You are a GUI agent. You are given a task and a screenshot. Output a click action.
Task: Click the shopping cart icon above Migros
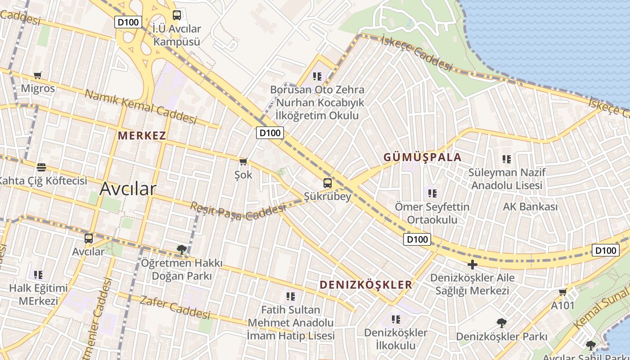click(x=38, y=76)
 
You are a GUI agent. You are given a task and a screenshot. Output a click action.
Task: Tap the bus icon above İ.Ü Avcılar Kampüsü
click(x=177, y=15)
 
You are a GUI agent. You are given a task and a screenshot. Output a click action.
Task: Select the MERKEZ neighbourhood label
click(x=142, y=135)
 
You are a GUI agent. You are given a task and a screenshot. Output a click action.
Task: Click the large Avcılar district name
click(x=128, y=189)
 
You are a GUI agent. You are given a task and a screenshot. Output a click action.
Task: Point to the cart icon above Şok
click(x=243, y=162)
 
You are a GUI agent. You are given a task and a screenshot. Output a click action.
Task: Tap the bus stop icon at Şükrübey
click(x=328, y=183)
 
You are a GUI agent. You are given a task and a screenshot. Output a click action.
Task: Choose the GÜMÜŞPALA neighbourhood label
click(x=422, y=157)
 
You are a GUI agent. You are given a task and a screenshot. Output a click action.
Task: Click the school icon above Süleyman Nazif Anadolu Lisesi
click(x=507, y=159)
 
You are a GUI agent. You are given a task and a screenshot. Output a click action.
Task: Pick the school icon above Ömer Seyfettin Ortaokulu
click(x=432, y=193)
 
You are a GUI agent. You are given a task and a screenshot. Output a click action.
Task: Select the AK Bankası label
click(x=530, y=207)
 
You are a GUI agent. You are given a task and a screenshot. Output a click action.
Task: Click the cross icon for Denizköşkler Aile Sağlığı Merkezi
click(x=472, y=265)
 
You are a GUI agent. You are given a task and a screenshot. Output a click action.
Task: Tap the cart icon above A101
click(x=562, y=292)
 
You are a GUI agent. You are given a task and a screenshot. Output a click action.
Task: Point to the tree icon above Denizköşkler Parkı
click(x=501, y=323)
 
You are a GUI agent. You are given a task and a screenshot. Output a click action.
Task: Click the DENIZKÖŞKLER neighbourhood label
click(x=366, y=284)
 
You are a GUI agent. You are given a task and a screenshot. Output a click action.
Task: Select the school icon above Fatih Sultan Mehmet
click(x=291, y=296)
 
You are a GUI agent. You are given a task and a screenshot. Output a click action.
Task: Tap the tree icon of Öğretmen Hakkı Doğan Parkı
click(x=181, y=249)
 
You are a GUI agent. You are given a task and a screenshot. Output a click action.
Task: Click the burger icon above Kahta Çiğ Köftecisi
click(x=41, y=167)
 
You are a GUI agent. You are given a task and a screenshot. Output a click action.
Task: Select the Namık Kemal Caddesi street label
click(x=140, y=107)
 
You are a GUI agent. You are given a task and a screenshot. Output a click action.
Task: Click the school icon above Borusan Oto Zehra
click(x=317, y=76)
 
